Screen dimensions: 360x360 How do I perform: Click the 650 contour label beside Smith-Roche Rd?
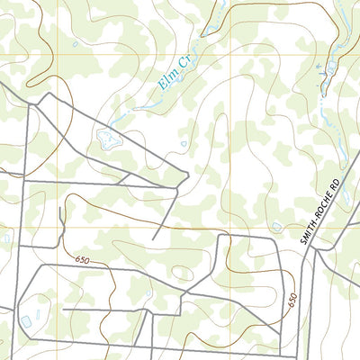(292, 301)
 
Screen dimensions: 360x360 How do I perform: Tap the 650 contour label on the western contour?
(83, 259)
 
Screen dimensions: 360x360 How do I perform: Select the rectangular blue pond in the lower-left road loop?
(25, 320)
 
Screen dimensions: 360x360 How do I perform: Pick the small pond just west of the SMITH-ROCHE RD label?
(276, 227)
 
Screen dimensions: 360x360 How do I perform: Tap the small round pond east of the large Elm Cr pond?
(184, 143)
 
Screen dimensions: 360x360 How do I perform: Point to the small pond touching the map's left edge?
(3, 238)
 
